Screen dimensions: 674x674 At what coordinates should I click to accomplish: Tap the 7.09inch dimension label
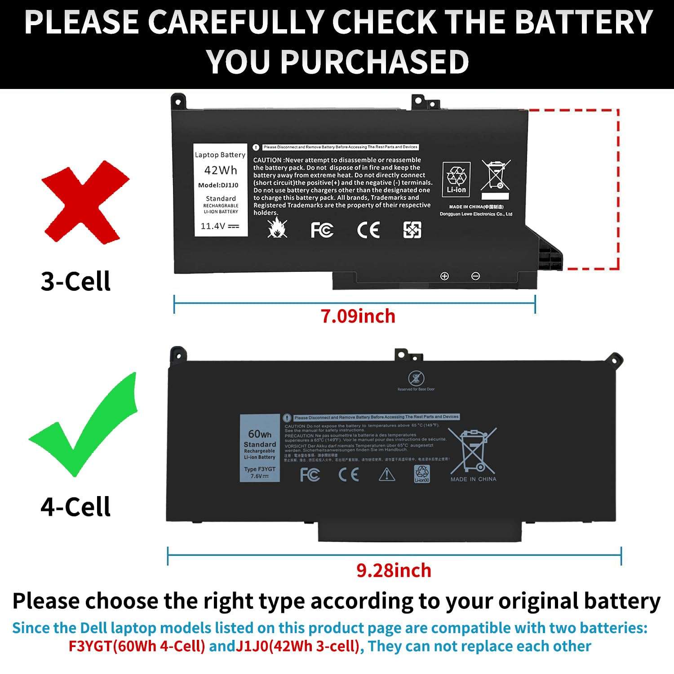click(358, 316)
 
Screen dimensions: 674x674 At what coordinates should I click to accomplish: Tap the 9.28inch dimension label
click(394, 571)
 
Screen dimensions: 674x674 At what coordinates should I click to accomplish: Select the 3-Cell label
click(75, 282)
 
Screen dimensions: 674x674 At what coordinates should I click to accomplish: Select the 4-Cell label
click(75, 507)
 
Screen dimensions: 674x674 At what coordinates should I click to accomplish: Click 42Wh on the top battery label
click(220, 170)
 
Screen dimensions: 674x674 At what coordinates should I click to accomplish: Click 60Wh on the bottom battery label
click(260, 434)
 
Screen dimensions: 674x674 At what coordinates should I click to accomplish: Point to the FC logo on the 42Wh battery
click(322, 230)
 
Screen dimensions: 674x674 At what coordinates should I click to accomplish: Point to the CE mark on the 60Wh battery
click(349, 474)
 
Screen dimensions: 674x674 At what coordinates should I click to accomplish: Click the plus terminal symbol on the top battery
click(444, 276)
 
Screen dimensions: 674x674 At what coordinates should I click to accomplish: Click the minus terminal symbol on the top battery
click(475, 276)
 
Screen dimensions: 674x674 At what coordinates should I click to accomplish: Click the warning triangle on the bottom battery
click(386, 474)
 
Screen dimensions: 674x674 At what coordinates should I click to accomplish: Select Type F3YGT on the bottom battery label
click(260, 469)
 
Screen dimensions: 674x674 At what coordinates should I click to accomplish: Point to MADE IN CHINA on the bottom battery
click(473, 479)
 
